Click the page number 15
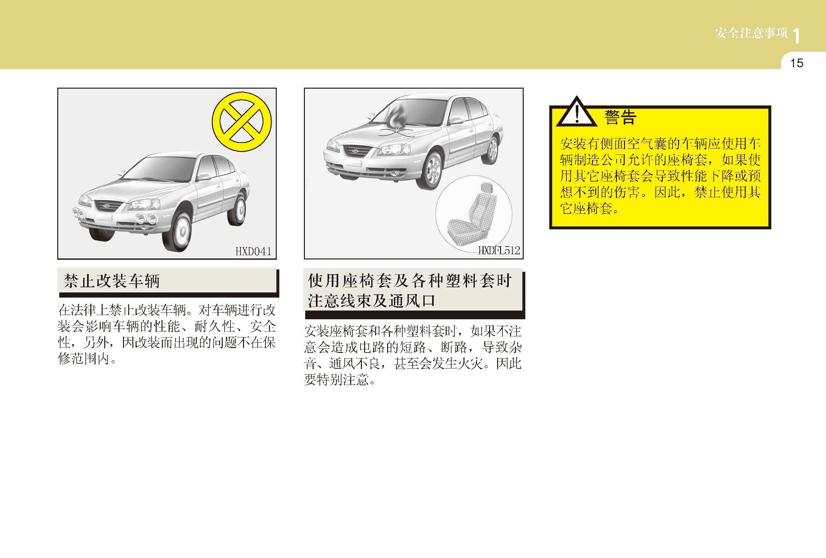(x=797, y=63)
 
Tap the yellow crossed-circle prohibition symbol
(x=242, y=122)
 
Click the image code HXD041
(x=253, y=251)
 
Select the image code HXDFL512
(x=499, y=250)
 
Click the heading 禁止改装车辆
(x=112, y=281)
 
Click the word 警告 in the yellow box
(x=620, y=117)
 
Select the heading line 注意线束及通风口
(x=372, y=301)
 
